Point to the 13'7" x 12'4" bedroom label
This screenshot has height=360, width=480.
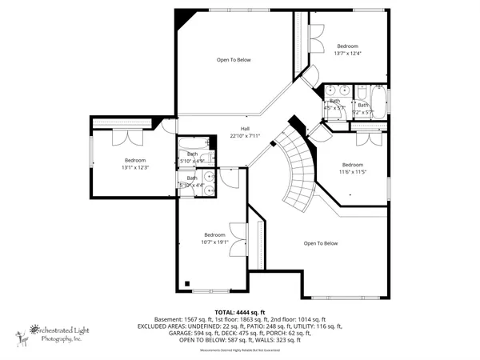[x=348, y=54]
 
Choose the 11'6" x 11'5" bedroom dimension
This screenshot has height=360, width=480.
[x=353, y=171]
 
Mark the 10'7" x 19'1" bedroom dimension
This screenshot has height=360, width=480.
[x=214, y=242]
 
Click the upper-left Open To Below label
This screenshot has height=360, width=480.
[x=234, y=60]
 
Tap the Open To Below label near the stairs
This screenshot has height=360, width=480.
[x=321, y=243]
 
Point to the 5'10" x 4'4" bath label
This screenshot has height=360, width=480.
[x=192, y=182]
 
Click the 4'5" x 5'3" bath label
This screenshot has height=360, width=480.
[x=334, y=104]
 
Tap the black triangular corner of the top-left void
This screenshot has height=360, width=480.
[x=182, y=17]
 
